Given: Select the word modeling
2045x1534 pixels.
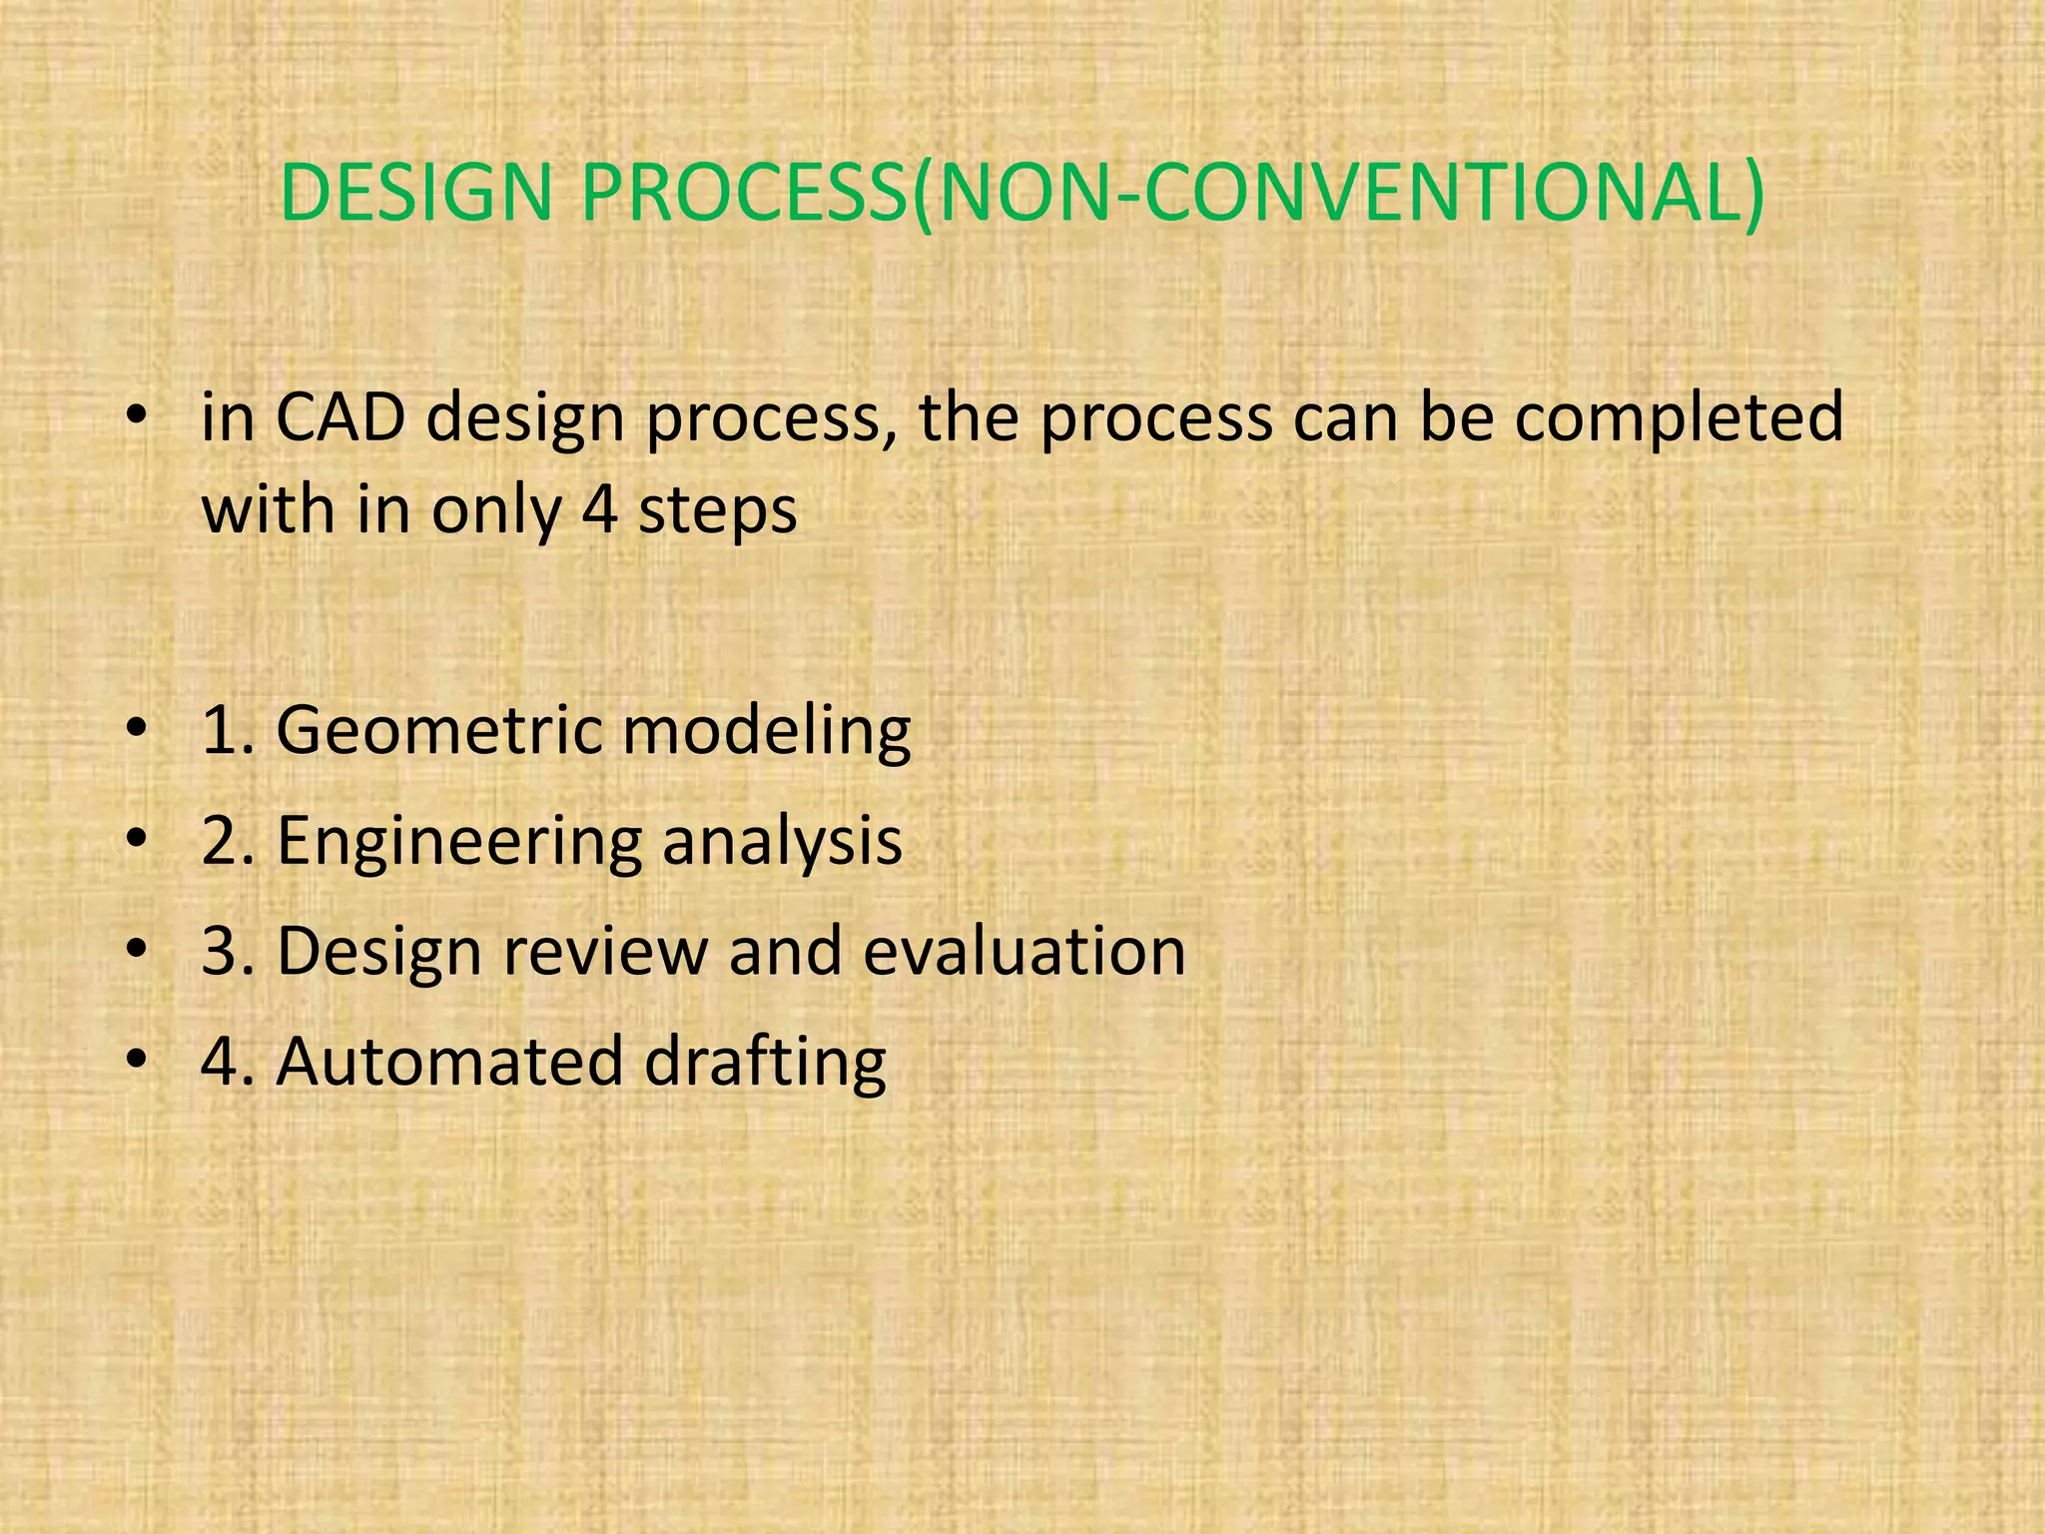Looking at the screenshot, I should tap(767, 731).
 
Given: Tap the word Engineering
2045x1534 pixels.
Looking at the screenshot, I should tap(458, 842).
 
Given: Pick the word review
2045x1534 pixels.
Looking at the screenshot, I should tap(605, 951).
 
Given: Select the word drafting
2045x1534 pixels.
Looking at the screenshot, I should tap(765, 1063).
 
